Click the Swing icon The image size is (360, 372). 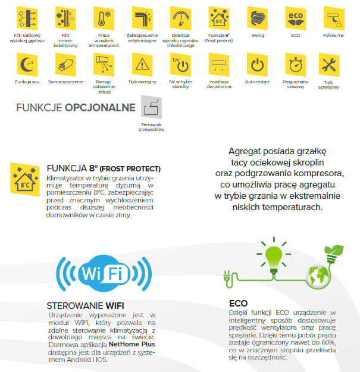tap(258, 17)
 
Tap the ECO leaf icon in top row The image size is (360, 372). tap(295, 17)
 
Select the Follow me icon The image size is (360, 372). tap(334, 17)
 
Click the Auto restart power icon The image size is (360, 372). tap(258, 64)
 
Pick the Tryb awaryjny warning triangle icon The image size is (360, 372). tap(142, 64)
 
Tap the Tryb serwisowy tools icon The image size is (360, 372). tap(334, 64)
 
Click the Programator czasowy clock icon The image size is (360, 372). tap(295, 64)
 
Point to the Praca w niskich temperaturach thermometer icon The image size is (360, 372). tap(103, 17)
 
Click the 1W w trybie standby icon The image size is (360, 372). tap(180, 64)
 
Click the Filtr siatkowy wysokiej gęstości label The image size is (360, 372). tap(26, 38)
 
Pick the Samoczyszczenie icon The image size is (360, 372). tap(64, 64)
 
